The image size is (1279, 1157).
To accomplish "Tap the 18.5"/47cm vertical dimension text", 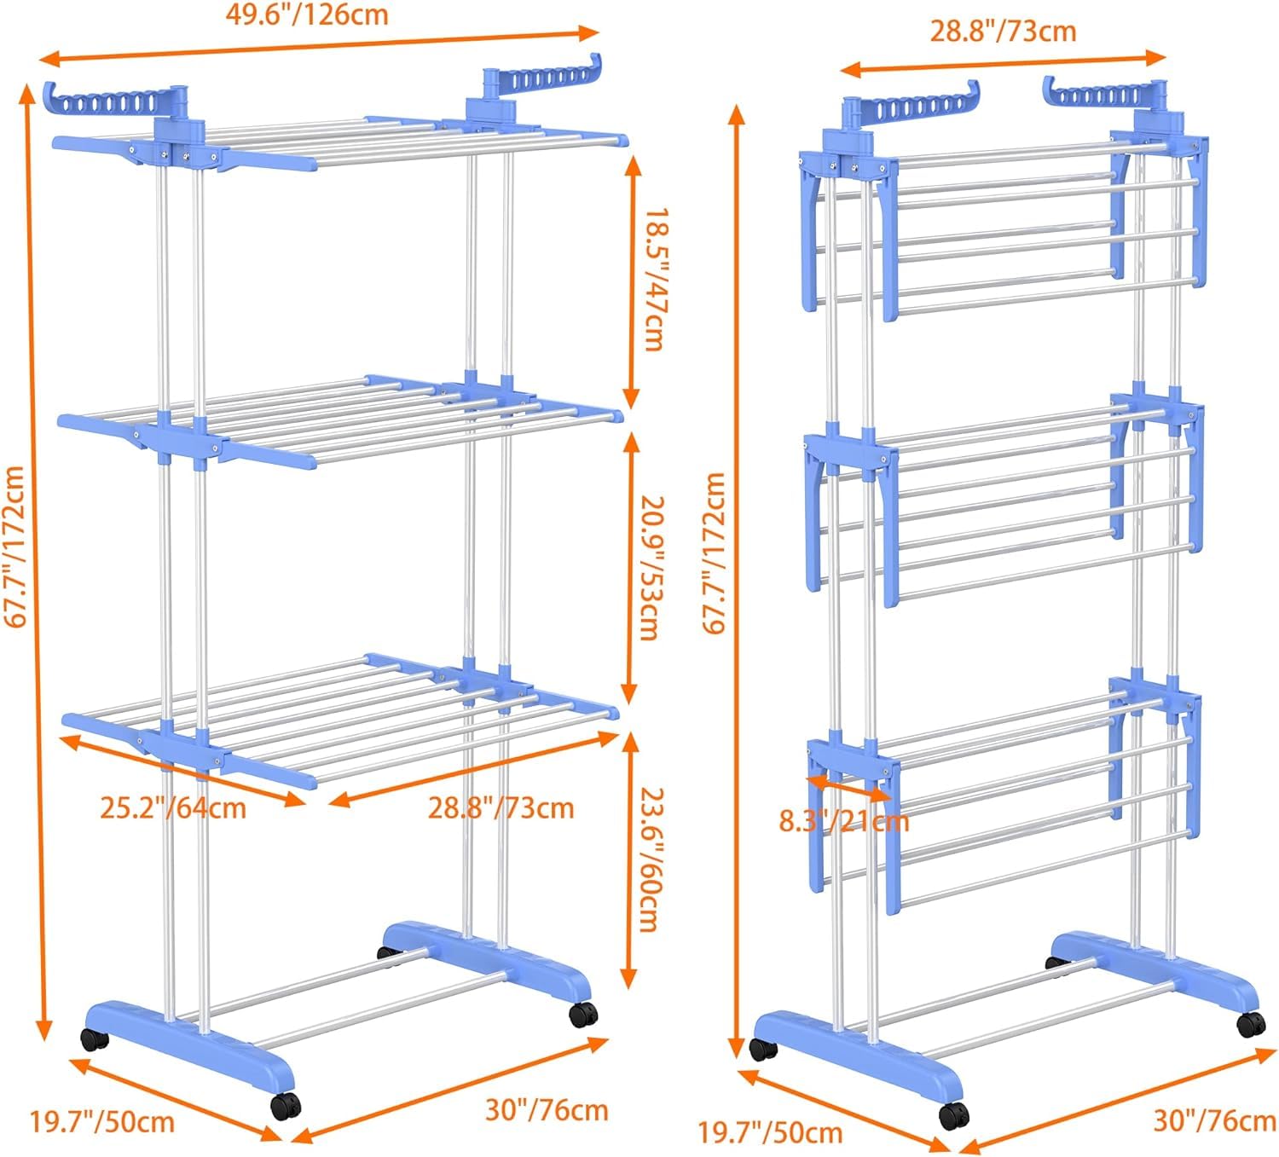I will [x=652, y=280].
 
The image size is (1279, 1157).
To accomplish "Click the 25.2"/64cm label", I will [x=173, y=807].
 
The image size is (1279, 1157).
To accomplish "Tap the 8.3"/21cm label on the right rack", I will [x=844, y=821].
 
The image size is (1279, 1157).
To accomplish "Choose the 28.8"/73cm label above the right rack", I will [x=1003, y=32].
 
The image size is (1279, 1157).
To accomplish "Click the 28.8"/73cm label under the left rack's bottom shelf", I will [x=501, y=807].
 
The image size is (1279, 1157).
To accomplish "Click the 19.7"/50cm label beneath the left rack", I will [x=102, y=1120].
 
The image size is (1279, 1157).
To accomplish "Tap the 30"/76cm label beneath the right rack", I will [x=1214, y=1120].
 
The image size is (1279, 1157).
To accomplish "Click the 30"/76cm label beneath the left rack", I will [x=547, y=1110].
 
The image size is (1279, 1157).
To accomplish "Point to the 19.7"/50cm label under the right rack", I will [x=770, y=1132].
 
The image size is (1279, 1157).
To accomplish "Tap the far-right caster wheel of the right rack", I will [x=1249, y=1022].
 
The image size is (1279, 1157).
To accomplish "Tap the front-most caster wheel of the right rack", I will [x=954, y=1114].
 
